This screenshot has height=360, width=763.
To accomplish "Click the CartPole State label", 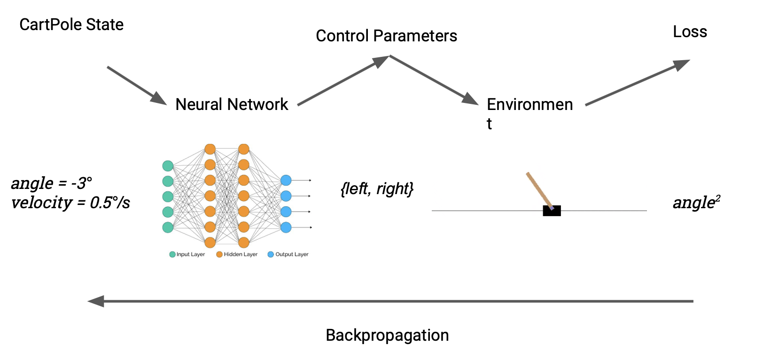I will (x=71, y=24).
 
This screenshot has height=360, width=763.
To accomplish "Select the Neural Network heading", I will (x=232, y=104).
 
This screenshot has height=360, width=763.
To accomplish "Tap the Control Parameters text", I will (x=386, y=36).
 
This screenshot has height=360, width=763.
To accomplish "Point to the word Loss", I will (x=690, y=32).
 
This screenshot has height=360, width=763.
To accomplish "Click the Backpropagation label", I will (x=387, y=335).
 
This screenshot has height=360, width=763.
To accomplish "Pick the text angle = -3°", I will (x=52, y=183).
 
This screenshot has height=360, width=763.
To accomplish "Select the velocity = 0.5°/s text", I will (x=70, y=203).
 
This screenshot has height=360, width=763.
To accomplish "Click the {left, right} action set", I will (x=377, y=188).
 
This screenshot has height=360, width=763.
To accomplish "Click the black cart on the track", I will (x=552, y=211).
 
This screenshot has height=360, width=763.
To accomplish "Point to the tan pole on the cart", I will (x=539, y=189).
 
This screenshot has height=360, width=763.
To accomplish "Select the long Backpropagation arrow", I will (x=390, y=301).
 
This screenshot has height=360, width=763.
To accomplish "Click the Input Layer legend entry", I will (x=187, y=254).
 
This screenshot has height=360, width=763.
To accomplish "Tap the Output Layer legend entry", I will (x=288, y=254).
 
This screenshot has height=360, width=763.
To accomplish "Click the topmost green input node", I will (x=168, y=166).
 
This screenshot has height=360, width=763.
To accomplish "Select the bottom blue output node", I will (x=286, y=227).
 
